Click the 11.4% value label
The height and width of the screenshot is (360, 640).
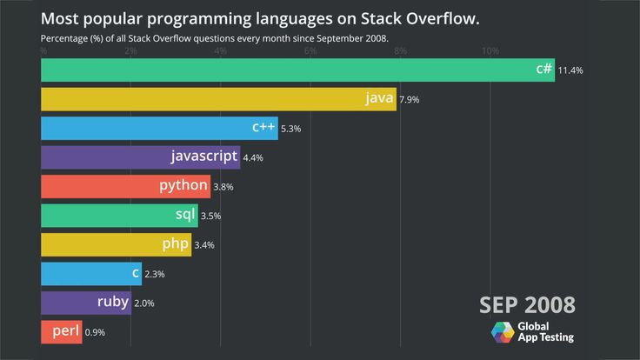click(x=570, y=70)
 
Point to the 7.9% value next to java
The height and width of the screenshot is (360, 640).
click(x=410, y=100)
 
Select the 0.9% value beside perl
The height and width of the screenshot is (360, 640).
click(x=95, y=332)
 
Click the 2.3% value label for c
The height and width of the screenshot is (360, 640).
click(x=154, y=274)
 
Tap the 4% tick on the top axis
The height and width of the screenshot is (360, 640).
click(x=220, y=52)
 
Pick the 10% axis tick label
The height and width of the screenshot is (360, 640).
click(x=490, y=52)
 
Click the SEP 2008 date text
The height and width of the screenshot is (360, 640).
click(x=527, y=304)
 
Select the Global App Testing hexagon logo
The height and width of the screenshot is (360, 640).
click(x=503, y=332)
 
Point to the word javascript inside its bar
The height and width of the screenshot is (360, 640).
click(x=204, y=157)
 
